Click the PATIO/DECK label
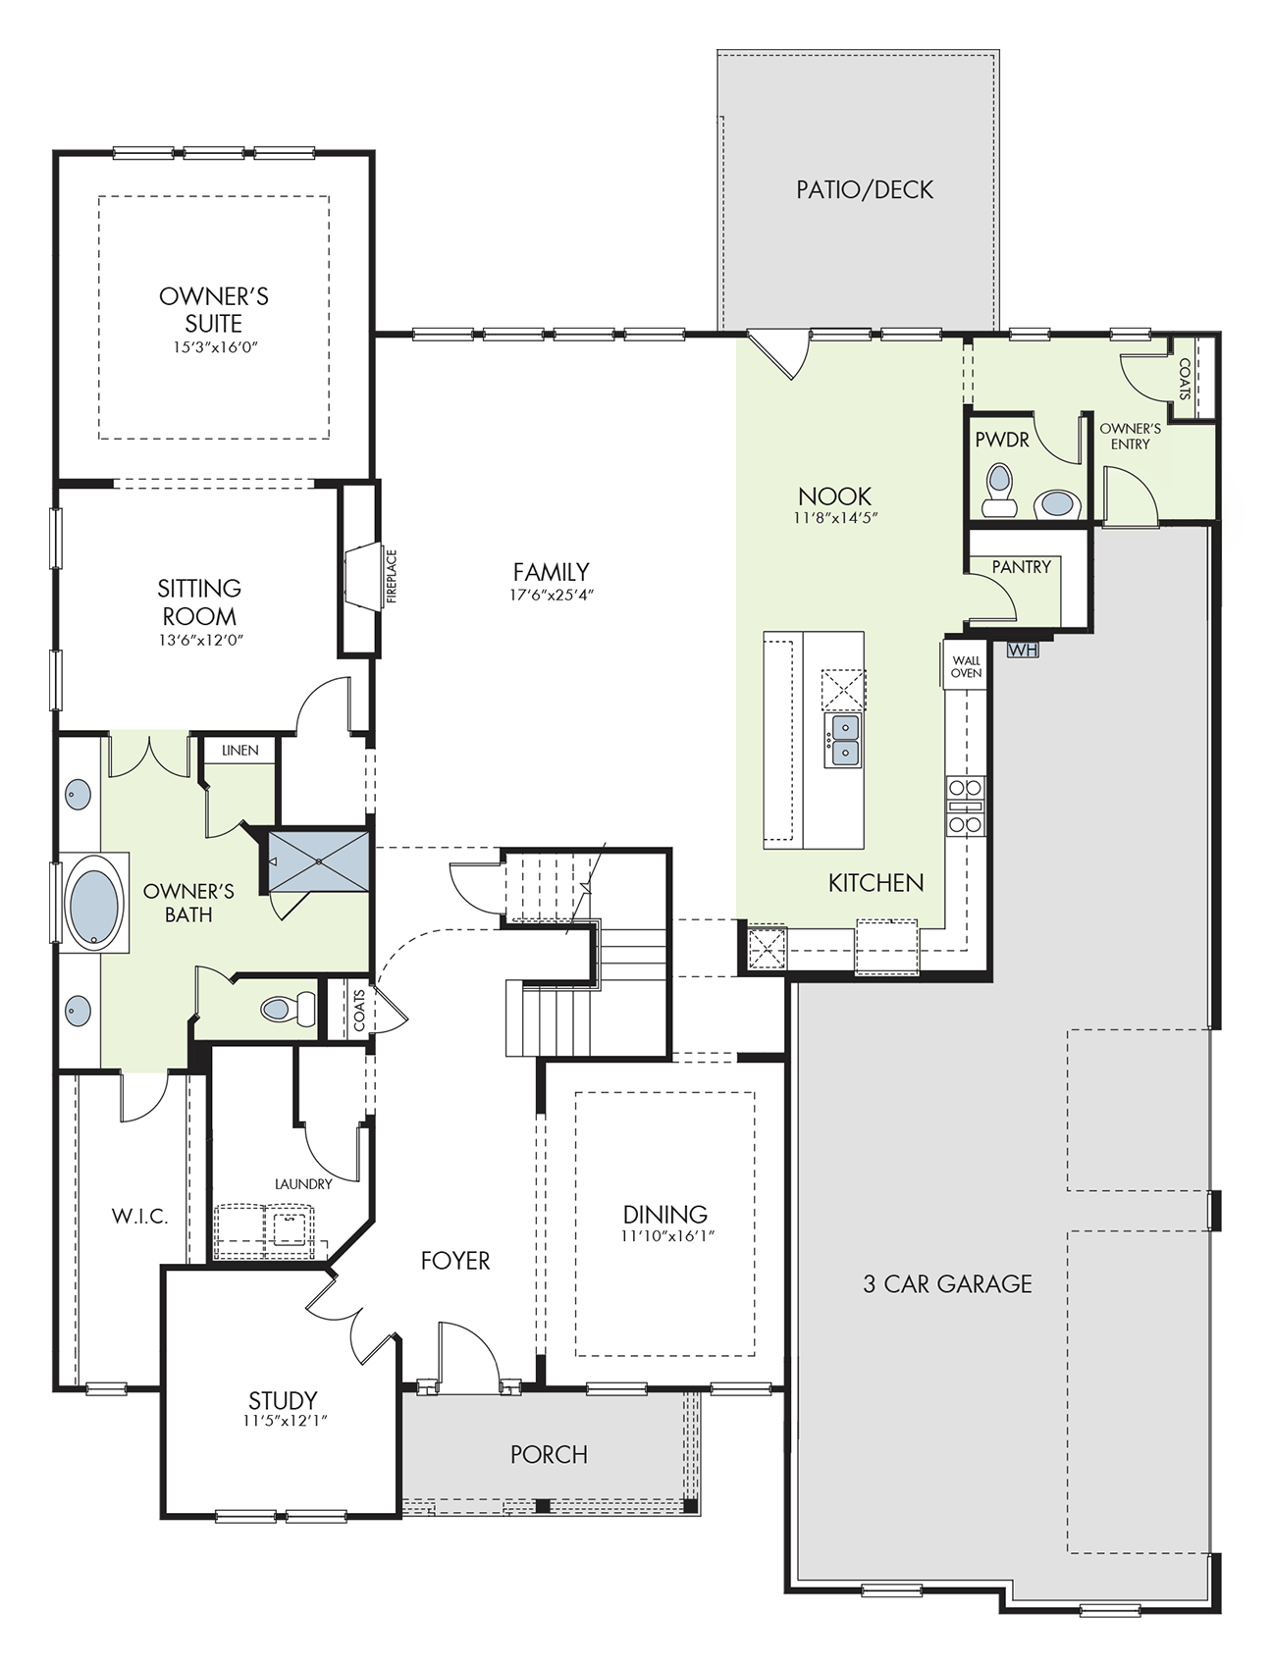tap(865, 189)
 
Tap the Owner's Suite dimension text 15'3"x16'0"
tap(214, 347)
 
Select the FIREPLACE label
tap(392, 577)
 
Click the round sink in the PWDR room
tap(1057, 503)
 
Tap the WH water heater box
tap(1022, 650)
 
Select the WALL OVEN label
tap(966, 667)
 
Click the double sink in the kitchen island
tap(843, 741)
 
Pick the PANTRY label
tap(1021, 567)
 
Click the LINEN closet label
tap(240, 751)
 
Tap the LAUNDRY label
tap(303, 1184)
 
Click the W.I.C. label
tap(139, 1217)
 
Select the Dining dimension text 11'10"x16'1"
tap(667, 1237)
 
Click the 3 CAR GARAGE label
tap(947, 1283)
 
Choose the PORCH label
tap(549, 1454)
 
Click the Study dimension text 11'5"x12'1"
tap(285, 1420)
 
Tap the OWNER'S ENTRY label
tap(1130, 437)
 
